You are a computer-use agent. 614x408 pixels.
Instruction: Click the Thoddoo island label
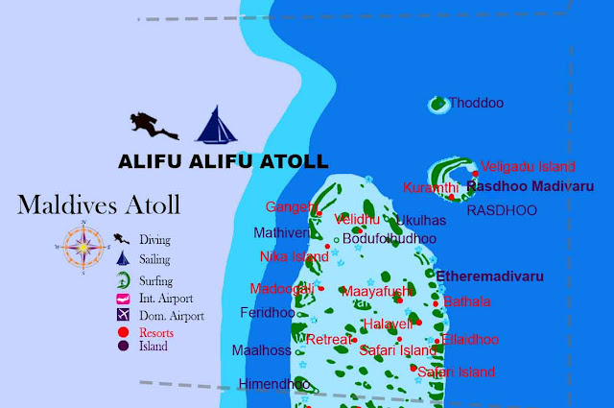[x=477, y=103]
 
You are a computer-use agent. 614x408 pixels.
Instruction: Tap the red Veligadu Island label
[x=527, y=166]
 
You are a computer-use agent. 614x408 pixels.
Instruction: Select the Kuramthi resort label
[x=431, y=186]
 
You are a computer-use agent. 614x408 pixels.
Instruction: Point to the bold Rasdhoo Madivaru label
[x=529, y=185]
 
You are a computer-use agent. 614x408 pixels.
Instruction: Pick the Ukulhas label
[x=420, y=221]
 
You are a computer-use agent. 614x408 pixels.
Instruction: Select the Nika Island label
[x=294, y=256]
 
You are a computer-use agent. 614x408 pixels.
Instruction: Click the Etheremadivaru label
[x=489, y=276]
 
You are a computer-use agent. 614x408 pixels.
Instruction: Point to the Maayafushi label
[x=378, y=290]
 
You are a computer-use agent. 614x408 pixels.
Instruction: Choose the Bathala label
[x=467, y=300]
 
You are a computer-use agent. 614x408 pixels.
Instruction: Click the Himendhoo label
[x=273, y=384]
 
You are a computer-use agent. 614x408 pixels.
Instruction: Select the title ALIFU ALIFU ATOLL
[x=223, y=161]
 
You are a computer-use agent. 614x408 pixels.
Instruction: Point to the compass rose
[x=85, y=248]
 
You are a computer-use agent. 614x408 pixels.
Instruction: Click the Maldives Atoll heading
[x=99, y=204]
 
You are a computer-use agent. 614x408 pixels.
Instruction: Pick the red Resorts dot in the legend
[x=123, y=332]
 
